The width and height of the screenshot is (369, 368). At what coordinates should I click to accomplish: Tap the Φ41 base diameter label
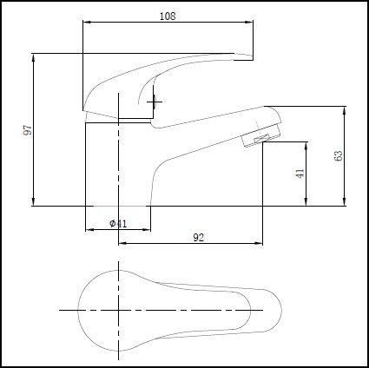[x=118, y=223]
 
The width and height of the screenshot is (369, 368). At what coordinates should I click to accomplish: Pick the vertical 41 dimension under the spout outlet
[x=300, y=173]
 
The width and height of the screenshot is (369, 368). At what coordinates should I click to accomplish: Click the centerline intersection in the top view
[x=117, y=310]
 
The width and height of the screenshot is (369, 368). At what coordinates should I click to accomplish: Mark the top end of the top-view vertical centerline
[x=117, y=258]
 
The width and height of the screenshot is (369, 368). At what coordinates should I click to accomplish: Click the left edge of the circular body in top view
[x=79, y=310]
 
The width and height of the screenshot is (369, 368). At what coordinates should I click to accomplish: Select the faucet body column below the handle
[x=118, y=165]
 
